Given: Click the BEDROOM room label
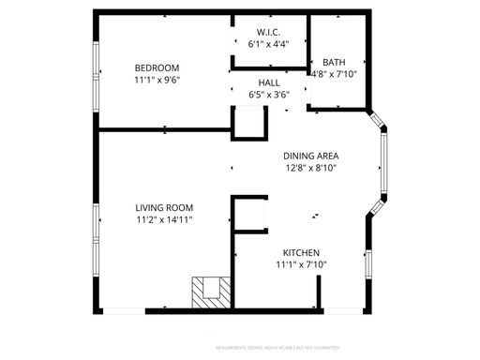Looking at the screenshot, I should coord(157,67).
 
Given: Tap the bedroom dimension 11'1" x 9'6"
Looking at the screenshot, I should coord(157,80).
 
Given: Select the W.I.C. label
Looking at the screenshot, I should coord(268,31).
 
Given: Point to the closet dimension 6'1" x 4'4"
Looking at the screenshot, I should coord(268,43).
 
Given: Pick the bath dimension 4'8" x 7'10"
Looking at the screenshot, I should coord(334,74).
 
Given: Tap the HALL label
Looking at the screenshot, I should coord(269,82).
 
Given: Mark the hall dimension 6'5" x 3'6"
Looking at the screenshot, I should coord(269,95).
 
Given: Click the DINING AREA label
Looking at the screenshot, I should coord(311,156).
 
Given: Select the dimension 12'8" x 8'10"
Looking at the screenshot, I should coord(311,168).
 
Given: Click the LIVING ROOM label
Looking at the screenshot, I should coord(163,208).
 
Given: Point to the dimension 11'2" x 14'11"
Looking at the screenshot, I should coord(163,220).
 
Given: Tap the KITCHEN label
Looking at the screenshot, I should coord(302,253).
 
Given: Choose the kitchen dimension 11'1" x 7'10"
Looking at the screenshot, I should coord(302,265).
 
